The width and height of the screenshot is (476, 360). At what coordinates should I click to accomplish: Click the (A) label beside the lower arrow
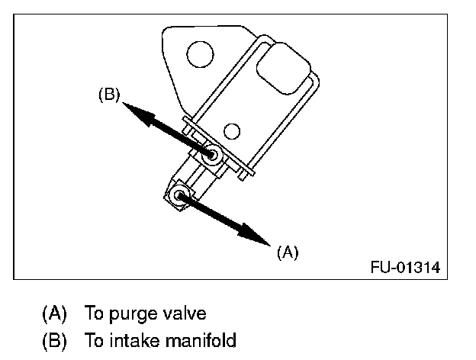pos(287,252)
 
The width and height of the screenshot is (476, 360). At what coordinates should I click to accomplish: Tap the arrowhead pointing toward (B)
pos(136,111)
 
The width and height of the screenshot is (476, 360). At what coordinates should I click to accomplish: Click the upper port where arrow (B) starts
pos(213,156)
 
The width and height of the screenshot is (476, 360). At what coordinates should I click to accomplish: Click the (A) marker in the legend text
pos(53,313)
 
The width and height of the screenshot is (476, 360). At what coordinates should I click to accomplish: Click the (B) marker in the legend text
pos(53,340)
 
